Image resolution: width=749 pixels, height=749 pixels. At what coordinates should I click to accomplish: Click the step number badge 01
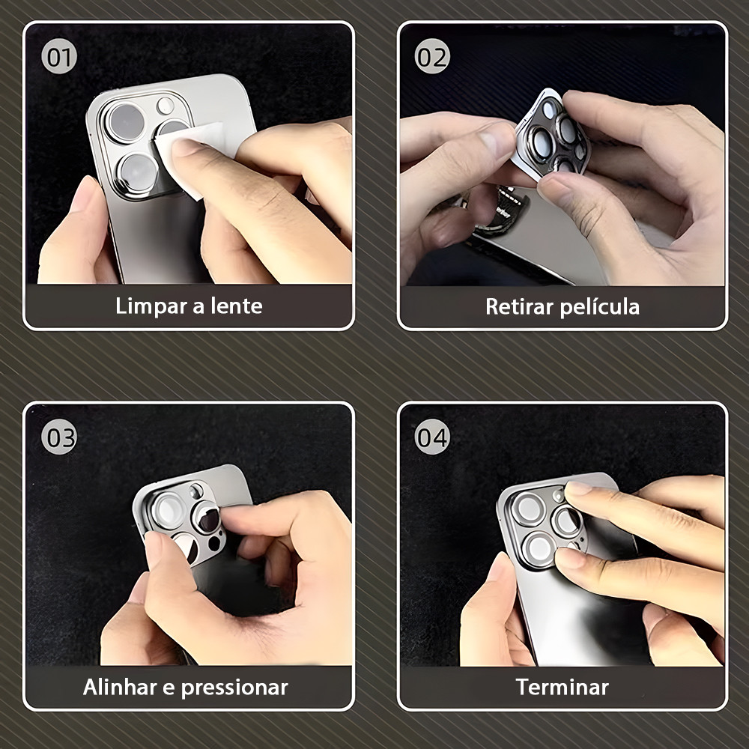tap(59, 56)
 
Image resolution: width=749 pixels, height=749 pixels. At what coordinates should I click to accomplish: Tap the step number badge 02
tap(432, 56)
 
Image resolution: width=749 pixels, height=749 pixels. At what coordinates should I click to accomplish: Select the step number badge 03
tap(59, 437)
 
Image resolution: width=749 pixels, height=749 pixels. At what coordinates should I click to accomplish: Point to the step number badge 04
tap(432, 437)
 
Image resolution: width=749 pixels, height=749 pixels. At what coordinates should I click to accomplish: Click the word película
tap(600, 307)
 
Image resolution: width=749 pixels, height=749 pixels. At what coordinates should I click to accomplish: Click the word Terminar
tap(562, 688)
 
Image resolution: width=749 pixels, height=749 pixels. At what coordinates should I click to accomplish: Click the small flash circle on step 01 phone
tap(166, 106)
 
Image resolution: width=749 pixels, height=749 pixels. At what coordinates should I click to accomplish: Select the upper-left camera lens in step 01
tap(126, 122)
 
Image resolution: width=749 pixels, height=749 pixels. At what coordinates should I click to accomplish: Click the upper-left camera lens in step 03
tap(168, 511)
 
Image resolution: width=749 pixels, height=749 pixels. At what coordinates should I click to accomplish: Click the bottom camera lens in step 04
tap(539, 548)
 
